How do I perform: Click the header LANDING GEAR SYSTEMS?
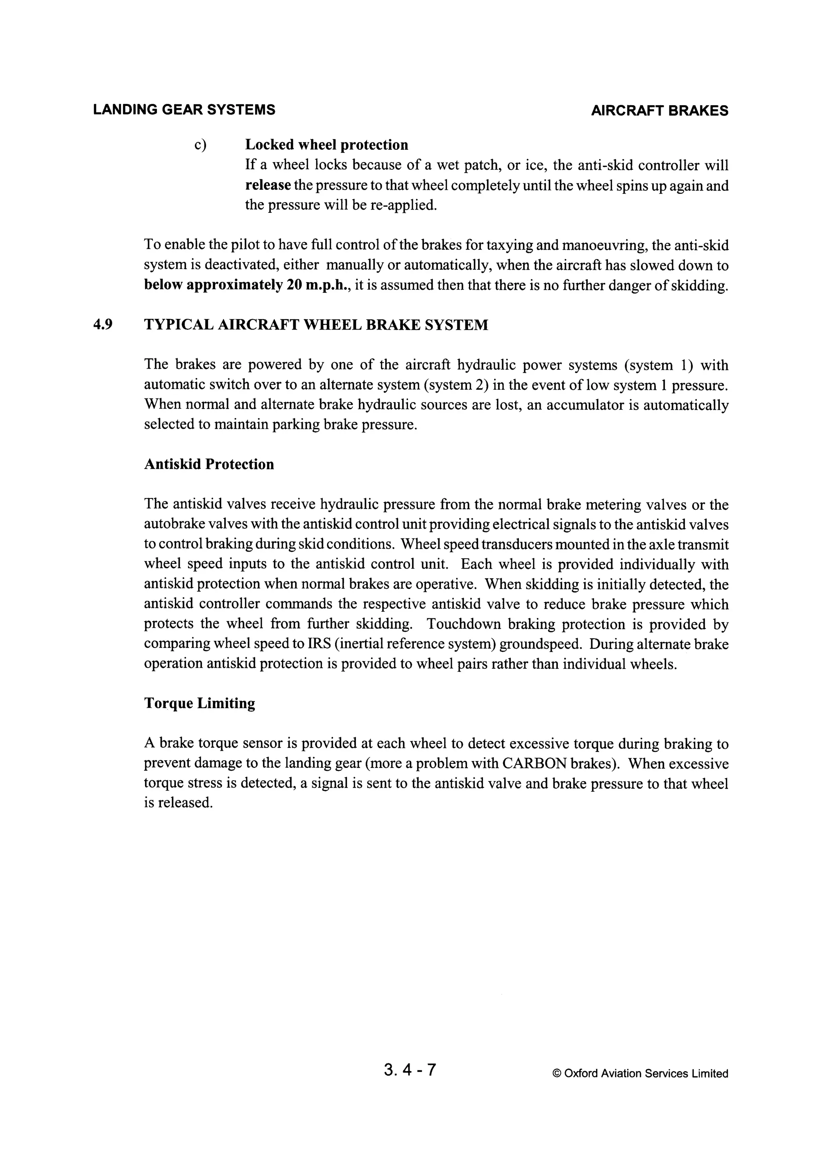(184, 110)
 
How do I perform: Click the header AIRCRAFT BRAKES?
(659, 111)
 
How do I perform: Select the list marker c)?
(200, 145)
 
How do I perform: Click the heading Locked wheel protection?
(327, 145)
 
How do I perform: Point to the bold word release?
(268, 186)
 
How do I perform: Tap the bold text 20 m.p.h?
(318, 285)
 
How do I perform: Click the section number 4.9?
(103, 325)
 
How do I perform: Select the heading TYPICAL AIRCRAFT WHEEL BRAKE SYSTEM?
(316, 325)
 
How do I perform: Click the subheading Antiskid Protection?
(209, 465)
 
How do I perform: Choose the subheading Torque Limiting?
(200, 703)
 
